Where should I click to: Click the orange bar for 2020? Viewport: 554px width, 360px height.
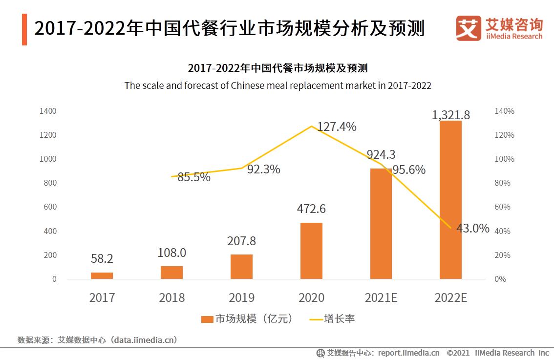click(x=311, y=251)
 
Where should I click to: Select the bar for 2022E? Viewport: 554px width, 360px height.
click(x=450, y=200)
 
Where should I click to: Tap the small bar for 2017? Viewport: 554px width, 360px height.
click(x=102, y=275)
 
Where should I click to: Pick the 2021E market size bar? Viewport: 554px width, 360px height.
click(x=381, y=223)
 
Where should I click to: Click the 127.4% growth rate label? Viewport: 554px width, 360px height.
click(x=337, y=127)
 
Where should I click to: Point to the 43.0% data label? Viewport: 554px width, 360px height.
click(x=472, y=228)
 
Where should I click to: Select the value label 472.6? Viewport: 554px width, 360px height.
click(x=311, y=209)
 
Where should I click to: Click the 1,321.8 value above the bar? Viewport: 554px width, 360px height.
click(x=450, y=115)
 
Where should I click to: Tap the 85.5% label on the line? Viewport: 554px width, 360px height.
click(x=193, y=177)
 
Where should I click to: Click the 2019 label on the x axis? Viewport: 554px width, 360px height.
click(x=241, y=297)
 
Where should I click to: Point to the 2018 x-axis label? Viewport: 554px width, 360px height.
click(x=171, y=297)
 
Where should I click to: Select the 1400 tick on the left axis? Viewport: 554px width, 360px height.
click(x=48, y=111)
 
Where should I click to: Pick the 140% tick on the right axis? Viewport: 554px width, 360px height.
click(x=504, y=111)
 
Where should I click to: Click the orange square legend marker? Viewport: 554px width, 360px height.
click(x=207, y=319)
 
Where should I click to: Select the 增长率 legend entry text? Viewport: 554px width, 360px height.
click(x=340, y=319)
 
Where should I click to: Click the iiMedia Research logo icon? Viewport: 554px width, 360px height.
click(x=468, y=28)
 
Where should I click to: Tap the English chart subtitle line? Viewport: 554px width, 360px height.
click(x=277, y=85)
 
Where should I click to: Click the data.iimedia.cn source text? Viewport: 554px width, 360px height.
click(x=144, y=340)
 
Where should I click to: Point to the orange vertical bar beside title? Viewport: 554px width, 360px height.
click(x=24, y=29)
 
